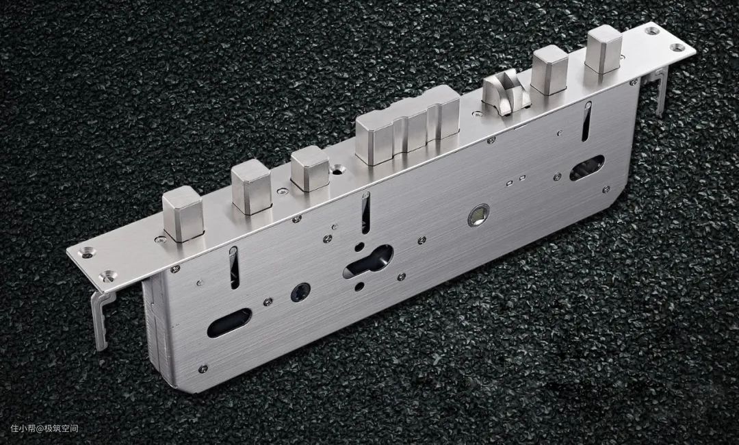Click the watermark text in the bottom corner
pyautogui.click(x=44, y=429)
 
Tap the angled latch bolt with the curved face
pyautogui.click(x=505, y=92)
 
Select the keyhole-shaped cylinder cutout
pyautogui.click(x=368, y=262)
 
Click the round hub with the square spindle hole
pyautogui.click(x=478, y=215)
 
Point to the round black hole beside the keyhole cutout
pyautogui.click(x=300, y=292)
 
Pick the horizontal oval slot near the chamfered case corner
pyautogui.click(x=587, y=168)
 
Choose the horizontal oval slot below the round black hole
pyautogui.click(x=229, y=323)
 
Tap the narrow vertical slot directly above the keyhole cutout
pyautogui.click(x=365, y=213)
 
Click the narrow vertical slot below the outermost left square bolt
pyautogui.click(x=234, y=268)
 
